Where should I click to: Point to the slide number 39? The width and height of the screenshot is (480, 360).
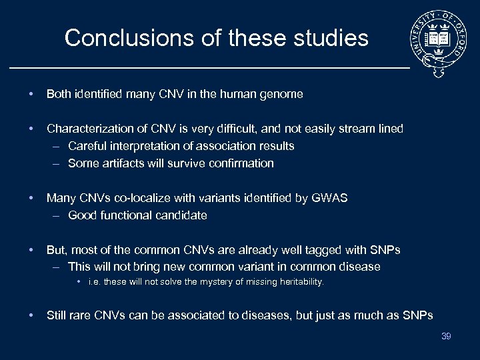[446, 336]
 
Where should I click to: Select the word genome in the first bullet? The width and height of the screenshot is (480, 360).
[283, 95]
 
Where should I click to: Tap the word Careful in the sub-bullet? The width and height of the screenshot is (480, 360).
[85, 146]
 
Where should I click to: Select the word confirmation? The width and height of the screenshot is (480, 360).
[241, 163]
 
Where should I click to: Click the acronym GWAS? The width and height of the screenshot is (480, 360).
[329, 198]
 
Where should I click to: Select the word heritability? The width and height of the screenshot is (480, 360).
[297, 282]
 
